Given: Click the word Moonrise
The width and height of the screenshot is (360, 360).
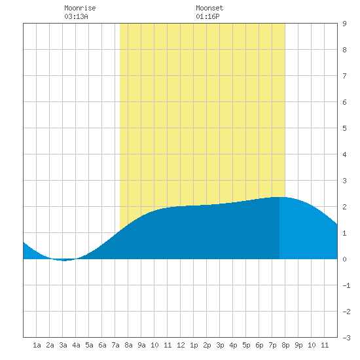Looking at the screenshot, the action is [80, 8].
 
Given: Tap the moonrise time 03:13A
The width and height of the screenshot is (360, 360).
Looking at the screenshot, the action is [76, 16].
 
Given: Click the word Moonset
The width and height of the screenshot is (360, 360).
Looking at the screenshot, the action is [209, 8].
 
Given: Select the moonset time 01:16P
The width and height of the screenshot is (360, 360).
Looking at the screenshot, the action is [207, 16].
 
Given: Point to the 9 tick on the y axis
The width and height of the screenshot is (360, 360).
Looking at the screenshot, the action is [344, 24].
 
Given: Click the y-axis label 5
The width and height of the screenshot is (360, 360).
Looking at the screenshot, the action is [344, 128].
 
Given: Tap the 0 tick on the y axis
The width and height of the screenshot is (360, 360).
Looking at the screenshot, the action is [344, 259].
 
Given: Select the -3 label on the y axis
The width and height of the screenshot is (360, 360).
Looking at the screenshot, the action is [346, 338].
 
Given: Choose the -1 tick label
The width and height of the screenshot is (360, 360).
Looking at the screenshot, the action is [346, 285].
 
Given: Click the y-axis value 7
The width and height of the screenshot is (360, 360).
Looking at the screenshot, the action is [344, 76].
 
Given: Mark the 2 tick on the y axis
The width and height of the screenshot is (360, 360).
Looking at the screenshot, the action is [344, 207].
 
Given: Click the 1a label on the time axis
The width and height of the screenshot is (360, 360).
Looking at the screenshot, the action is [37, 345].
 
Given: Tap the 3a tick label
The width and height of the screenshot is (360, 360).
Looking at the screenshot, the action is [63, 345].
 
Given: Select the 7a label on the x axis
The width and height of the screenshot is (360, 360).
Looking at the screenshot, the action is [115, 345].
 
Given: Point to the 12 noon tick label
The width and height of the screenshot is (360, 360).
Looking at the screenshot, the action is [181, 345].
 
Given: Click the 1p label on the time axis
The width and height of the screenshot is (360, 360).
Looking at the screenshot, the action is [194, 345].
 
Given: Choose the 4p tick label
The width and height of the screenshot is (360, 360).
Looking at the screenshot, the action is [233, 345].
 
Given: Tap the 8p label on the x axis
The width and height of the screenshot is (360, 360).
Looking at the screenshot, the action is [285, 345].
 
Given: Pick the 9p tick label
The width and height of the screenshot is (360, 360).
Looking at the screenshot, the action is [298, 345].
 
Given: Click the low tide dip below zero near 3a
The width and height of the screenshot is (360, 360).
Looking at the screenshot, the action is [64, 260].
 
